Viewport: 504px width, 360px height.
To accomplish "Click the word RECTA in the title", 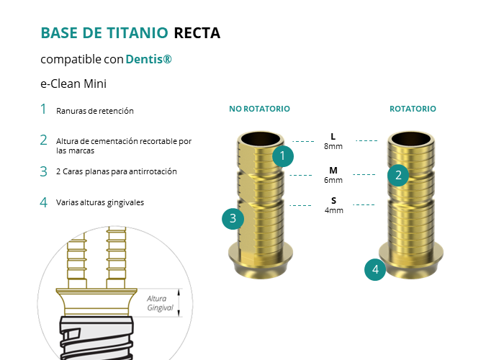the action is (197, 33).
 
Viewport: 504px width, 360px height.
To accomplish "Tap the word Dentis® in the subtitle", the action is (148, 59).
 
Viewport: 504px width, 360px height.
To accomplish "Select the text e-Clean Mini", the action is (73, 84).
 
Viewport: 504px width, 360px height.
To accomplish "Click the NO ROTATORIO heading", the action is (259, 109).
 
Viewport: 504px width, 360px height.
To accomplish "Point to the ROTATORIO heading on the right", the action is (413, 109).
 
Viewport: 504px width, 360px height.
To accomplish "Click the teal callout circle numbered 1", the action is (283, 156).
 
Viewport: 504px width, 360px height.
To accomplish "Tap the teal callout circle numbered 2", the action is (398, 175).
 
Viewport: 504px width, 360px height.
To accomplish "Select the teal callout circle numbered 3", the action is (233, 219).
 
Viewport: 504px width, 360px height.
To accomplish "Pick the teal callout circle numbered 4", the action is (375, 269).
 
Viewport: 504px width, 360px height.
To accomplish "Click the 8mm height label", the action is (333, 146).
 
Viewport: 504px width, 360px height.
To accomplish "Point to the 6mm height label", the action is (333, 180).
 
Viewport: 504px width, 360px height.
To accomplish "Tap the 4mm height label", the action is (334, 210).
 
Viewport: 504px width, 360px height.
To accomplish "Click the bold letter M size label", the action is (333, 170).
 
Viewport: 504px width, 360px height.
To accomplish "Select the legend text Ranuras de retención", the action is (95, 111).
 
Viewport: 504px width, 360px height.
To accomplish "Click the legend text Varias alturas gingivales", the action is (100, 202).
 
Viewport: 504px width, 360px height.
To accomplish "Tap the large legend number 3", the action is (44, 171).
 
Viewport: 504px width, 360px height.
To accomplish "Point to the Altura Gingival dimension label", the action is (160, 303).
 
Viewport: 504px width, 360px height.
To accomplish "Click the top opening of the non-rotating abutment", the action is (261, 139).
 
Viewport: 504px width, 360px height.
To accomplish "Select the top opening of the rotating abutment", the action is (411, 139).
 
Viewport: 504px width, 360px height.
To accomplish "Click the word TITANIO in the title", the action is (138, 33).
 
